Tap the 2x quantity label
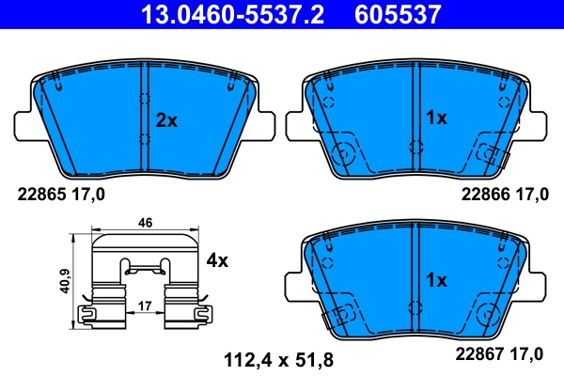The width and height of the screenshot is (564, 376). click(x=166, y=119)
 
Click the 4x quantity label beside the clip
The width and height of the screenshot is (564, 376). click(x=217, y=260)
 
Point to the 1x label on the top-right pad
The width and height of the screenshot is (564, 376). click(x=437, y=118)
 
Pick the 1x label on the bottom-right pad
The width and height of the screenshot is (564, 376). click(x=437, y=280)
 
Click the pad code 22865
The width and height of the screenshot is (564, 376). click(x=44, y=195)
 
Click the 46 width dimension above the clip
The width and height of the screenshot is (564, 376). click(x=145, y=224)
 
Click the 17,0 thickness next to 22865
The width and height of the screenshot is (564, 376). click(x=90, y=195)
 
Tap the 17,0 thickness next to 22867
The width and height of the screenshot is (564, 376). click(x=528, y=353)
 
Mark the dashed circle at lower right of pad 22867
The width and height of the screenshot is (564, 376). click(x=486, y=315)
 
